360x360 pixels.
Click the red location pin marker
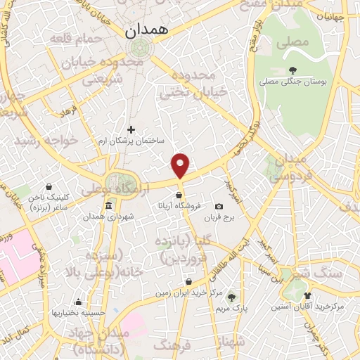(x=181, y=165)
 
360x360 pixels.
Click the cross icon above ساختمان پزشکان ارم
(x=131, y=129)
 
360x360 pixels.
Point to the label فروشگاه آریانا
(x=181, y=206)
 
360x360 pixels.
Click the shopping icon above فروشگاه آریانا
(x=180, y=195)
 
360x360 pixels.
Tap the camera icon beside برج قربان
(x=219, y=207)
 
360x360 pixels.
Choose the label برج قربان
(x=217, y=217)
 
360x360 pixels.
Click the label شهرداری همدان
(x=109, y=216)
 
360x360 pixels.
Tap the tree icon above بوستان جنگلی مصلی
(x=293, y=70)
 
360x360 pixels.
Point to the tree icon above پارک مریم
(x=232, y=297)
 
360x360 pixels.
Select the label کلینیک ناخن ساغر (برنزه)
(x=47, y=203)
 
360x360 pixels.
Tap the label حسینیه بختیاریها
(x=79, y=311)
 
